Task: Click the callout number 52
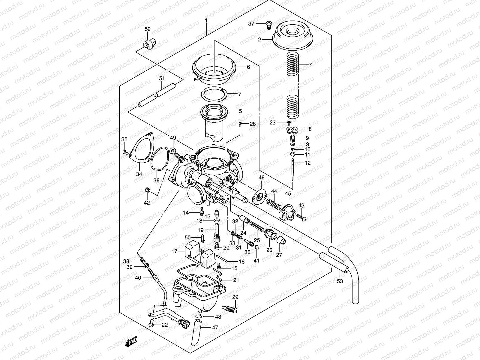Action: pyautogui.click(x=148, y=29)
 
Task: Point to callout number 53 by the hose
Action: pyautogui.click(x=340, y=281)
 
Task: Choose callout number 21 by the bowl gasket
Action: pyautogui.click(x=236, y=280)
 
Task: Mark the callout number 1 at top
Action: pyautogui.click(x=206, y=20)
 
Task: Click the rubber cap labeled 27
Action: pyautogui.click(x=280, y=240)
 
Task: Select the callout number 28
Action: pyautogui.click(x=252, y=124)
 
